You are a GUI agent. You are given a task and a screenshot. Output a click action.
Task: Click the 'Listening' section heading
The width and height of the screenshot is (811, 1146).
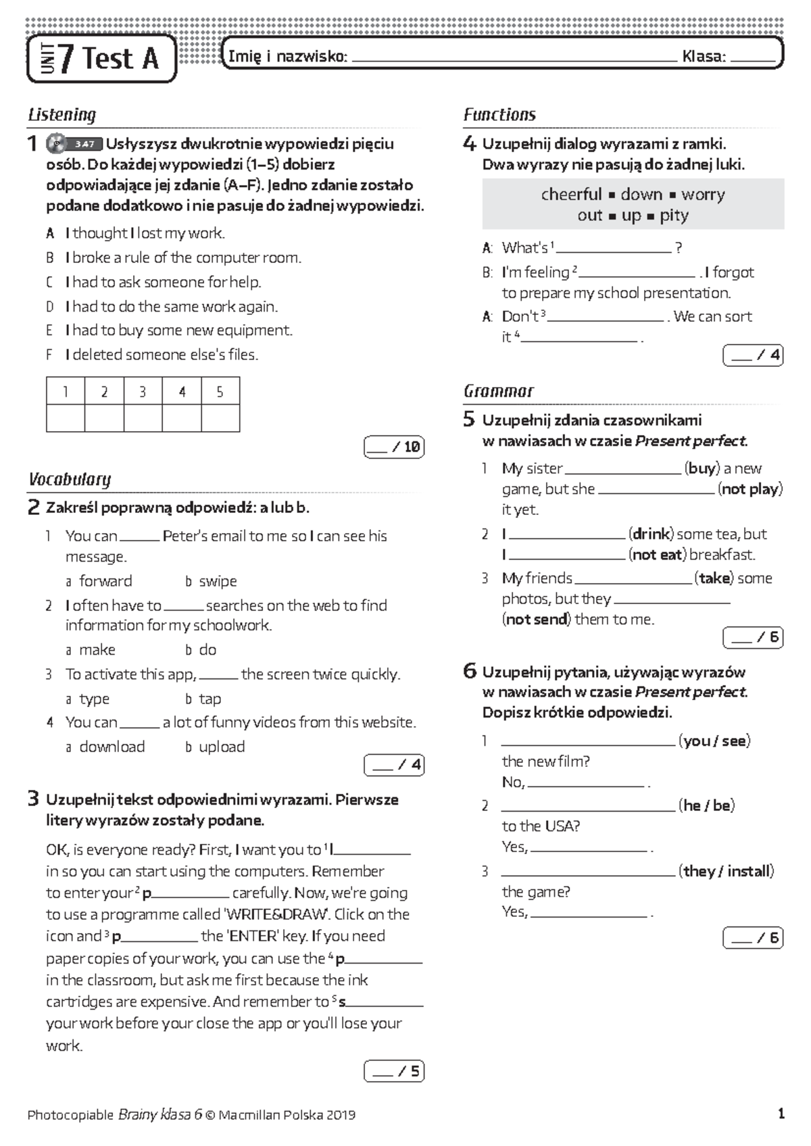62,115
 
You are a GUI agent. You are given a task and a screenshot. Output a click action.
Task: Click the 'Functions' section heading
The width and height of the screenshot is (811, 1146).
499,115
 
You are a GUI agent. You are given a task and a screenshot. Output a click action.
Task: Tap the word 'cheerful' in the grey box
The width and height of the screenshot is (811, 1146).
571,195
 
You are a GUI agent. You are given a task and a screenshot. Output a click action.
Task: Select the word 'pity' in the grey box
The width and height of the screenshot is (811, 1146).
674,216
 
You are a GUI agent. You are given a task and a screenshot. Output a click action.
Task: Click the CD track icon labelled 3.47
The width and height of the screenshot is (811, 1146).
74,144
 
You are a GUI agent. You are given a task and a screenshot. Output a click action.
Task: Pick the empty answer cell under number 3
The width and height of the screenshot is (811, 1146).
143,418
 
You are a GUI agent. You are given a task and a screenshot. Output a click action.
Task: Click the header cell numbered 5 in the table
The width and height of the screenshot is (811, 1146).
220,392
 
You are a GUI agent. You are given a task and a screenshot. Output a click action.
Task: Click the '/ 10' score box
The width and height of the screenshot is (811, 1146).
394,447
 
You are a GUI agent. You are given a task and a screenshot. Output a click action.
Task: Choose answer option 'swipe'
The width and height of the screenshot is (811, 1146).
218,581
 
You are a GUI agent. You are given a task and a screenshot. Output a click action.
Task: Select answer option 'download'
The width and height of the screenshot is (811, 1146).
112,747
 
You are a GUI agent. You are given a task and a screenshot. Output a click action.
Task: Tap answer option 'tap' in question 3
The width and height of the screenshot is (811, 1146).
210,699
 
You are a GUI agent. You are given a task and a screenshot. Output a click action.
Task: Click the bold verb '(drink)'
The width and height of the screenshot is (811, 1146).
651,534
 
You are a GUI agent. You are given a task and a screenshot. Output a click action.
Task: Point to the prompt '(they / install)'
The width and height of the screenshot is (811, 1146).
726,871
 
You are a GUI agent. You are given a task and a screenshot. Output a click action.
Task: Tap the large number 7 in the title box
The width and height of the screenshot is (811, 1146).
66,59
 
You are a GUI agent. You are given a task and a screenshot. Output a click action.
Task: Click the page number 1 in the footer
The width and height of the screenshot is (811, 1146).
781,1114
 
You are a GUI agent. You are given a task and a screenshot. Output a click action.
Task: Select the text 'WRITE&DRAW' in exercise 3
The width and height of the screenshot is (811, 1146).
276,914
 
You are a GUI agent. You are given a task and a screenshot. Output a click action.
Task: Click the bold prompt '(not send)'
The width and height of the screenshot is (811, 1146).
537,620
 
